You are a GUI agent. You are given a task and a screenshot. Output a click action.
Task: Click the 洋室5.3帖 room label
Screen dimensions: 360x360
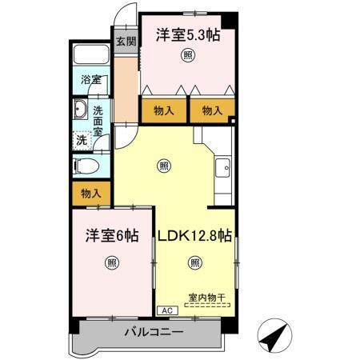click(x=188, y=35)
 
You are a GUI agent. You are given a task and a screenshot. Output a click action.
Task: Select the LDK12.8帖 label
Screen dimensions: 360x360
click(x=194, y=237)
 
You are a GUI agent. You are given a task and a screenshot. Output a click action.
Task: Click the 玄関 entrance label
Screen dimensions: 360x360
click(x=125, y=41)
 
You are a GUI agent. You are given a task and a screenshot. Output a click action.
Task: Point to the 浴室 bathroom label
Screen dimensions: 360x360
click(x=90, y=80)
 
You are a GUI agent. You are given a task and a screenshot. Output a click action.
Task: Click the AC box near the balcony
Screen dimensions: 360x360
click(x=166, y=310)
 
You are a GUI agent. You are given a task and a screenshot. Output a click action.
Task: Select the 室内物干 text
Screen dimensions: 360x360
click(x=207, y=298)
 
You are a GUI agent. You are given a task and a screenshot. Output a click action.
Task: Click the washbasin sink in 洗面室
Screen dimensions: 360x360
click(x=81, y=111)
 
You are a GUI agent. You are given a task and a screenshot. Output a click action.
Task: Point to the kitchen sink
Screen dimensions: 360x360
click(x=223, y=168)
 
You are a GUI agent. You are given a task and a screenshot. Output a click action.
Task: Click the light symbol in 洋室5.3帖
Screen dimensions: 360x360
click(x=187, y=55)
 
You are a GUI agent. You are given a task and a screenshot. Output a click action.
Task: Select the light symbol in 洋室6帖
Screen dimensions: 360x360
click(x=112, y=262)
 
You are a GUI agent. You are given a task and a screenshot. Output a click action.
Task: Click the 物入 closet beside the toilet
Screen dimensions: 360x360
click(x=90, y=193)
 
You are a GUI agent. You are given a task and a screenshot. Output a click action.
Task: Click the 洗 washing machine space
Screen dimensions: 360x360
click(x=82, y=140)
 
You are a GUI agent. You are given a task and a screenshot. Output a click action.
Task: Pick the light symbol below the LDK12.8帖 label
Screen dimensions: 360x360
click(x=194, y=262)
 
